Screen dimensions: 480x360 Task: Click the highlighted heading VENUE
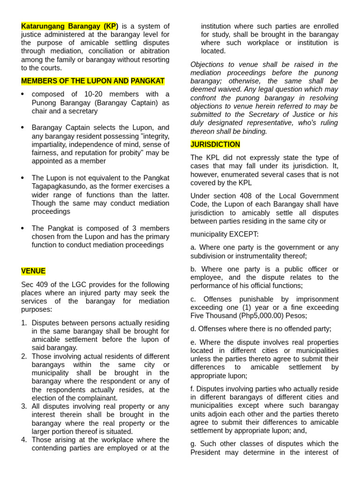(33, 271)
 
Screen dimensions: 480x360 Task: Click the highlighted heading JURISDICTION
(215, 144)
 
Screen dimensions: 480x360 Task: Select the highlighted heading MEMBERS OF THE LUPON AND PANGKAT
(93, 81)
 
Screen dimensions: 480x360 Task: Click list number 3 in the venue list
(24, 406)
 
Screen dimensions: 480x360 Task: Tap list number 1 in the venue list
(24, 323)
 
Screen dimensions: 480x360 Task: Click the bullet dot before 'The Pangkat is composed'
(23, 228)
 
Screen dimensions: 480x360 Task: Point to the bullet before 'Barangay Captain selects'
(23, 127)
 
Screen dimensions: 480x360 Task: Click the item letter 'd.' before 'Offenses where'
(194, 329)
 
